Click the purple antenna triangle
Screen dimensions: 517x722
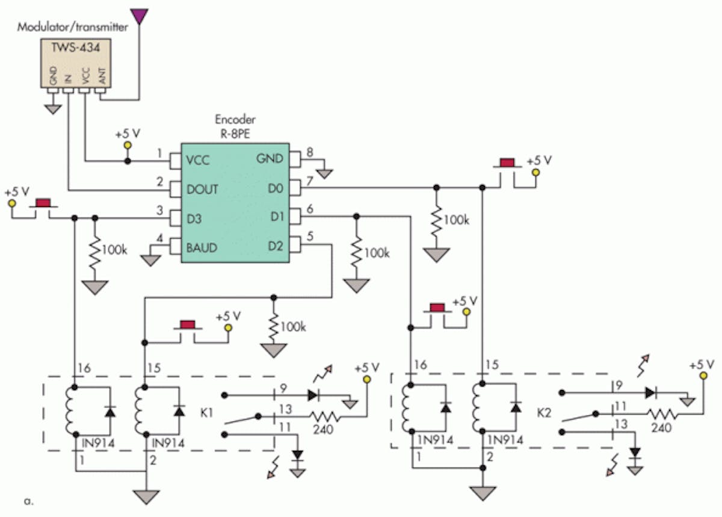click(x=140, y=15)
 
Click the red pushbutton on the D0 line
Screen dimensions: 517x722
click(x=507, y=163)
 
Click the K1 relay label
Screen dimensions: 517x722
click(x=205, y=414)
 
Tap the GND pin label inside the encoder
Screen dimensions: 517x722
click(x=270, y=159)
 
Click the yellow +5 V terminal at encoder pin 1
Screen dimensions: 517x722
click(x=127, y=146)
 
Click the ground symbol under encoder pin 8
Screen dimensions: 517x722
click(x=325, y=175)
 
